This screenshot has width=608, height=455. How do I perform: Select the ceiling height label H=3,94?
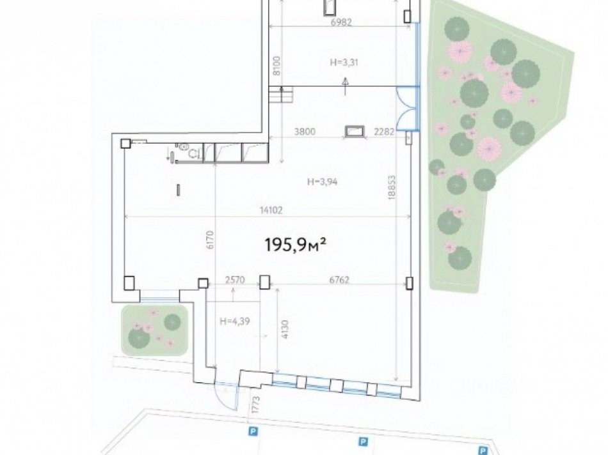[321, 181]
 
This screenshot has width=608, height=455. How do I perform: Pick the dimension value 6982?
[341, 21]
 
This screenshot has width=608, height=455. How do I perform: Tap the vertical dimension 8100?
[276, 66]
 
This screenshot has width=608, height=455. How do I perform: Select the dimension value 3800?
[304, 132]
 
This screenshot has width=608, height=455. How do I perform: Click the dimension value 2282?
[384, 132]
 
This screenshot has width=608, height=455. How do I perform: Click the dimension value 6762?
[339, 279]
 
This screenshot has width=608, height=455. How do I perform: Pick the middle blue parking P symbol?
[362, 441]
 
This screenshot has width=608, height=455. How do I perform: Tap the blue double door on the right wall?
[406, 107]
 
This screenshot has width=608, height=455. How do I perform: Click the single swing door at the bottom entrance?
[225, 396]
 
